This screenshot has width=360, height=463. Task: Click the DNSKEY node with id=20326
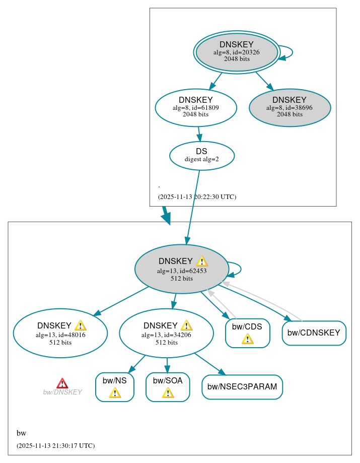point(237,52)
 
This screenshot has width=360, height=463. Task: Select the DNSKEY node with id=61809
point(195,107)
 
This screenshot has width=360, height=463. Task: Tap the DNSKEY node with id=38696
point(290,107)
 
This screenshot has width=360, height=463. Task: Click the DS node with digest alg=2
point(201,155)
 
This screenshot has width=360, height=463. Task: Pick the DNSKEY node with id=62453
point(181,270)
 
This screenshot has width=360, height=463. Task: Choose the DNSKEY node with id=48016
point(60,334)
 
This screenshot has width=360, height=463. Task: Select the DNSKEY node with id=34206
point(166,334)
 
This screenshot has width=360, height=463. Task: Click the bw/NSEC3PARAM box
point(242,387)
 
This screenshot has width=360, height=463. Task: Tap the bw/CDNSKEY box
point(314,333)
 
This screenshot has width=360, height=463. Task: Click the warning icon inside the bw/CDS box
point(247,339)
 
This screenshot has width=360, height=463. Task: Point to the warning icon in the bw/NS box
point(115,392)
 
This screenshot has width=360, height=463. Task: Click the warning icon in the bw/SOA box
point(168,392)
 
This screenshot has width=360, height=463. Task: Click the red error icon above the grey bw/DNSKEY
point(62,383)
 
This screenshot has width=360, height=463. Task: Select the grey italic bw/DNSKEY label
point(62,392)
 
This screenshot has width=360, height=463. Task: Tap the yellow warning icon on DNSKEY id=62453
point(202,261)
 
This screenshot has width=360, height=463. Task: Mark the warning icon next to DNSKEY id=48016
point(80,325)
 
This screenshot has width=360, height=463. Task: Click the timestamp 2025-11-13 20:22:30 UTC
point(197,196)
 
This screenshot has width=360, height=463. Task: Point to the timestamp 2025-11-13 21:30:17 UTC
point(55,445)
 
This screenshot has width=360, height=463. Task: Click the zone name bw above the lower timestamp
point(21,433)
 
